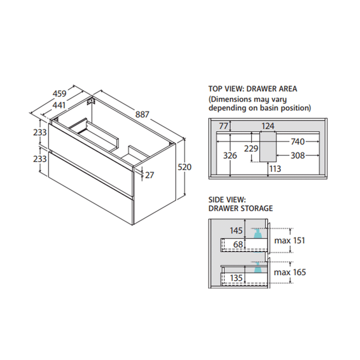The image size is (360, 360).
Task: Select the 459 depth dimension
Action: pyautogui.click(x=60, y=94)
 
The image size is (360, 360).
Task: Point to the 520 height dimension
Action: pyautogui.click(x=185, y=167)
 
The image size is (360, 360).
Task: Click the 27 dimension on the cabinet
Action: pyautogui.click(x=150, y=175)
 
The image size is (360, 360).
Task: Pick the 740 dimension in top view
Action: pyautogui.click(x=301, y=141)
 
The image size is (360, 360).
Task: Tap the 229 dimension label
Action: pyautogui.click(x=251, y=149)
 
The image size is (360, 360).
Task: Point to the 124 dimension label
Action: pyautogui.click(x=268, y=125)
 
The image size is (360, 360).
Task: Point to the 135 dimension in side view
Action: pyautogui.click(x=236, y=278)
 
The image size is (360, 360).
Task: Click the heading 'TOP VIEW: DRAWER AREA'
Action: pyautogui.click(x=253, y=88)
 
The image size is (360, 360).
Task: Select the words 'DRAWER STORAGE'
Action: pyautogui.click(x=240, y=208)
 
